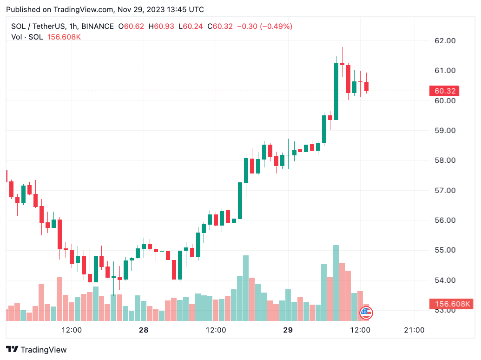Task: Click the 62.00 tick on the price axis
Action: tap(444, 41)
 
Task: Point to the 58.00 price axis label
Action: tap(444, 160)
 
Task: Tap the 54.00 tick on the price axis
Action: tap(444, 280)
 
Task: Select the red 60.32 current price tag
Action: tap(444, 91)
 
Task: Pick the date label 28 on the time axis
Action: tap(144, 330)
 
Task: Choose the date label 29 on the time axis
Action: tap(288, 330)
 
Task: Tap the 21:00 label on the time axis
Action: tap(414, 330)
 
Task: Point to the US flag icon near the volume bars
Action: tap(366, 313)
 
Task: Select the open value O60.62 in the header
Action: tap(134, 27)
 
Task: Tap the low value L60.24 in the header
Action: tap(193, 27)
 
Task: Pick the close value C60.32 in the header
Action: tap(223, 27)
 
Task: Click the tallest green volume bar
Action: tap(336, 283)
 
